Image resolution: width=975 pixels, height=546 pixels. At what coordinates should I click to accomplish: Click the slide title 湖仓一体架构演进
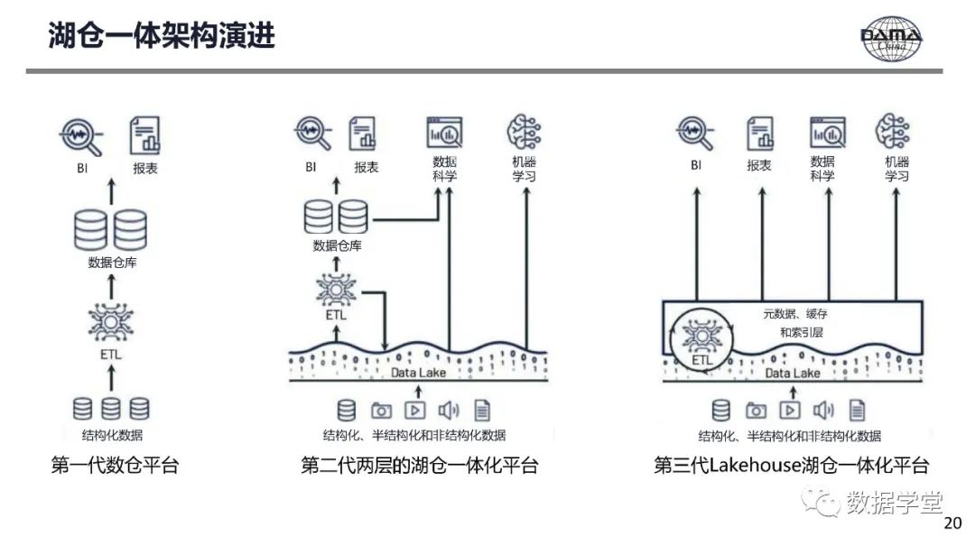[161, 36]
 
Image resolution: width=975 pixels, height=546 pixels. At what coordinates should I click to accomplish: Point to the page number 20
[952, 523]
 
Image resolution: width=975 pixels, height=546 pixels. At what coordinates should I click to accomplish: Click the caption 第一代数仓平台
[115, 467]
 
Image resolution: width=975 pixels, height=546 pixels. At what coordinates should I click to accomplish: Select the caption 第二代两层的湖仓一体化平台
[420, 467]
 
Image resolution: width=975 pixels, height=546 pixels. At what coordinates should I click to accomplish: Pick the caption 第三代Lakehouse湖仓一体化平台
[792, 467]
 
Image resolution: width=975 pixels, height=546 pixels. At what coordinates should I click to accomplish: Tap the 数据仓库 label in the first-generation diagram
[112, 263]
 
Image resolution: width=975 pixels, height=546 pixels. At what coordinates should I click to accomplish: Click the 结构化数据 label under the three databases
[112, 436]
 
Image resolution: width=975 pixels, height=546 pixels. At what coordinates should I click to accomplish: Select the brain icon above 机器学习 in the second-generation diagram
[524, 132]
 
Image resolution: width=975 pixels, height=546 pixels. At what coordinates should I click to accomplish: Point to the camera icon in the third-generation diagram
[756, 411]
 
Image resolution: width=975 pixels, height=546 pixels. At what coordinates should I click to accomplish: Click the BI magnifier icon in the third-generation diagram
[696, 133]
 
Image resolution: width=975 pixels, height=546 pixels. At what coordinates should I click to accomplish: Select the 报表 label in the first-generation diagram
[144, 168]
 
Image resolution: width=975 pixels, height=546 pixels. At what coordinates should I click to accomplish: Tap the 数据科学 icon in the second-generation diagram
[444, 133]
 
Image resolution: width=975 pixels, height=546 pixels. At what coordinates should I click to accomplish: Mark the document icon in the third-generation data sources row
[857, 411]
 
